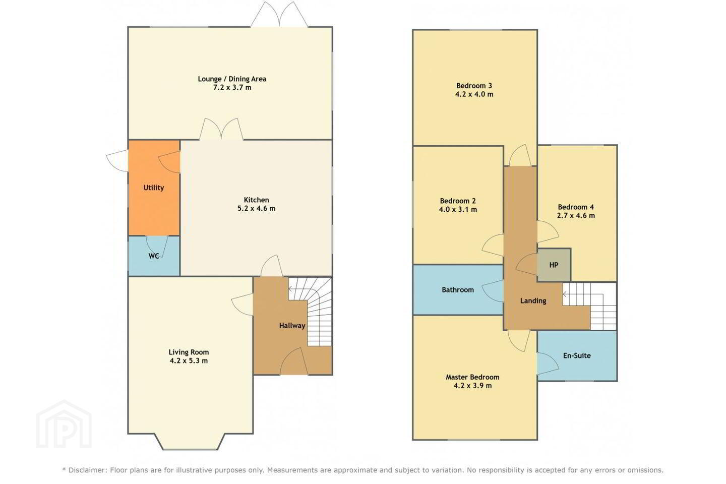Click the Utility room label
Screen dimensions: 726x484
click(154, 188)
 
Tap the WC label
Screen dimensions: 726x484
click(154, 256)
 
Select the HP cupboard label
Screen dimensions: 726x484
click(554, 265)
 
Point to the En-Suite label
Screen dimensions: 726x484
click(577, 355)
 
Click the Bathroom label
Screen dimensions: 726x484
click(458, 290)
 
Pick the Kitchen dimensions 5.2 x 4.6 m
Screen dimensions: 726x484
click(256, 208)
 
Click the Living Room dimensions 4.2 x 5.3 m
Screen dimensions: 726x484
click(189, 361)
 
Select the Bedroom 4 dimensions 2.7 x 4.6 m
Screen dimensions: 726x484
click(576, 216)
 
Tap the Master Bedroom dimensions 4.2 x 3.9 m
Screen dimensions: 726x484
click(472, 386)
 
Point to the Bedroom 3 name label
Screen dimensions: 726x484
click(474, 86)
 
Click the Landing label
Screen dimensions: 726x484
click(533, 301)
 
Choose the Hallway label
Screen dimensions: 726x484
click(292, 326)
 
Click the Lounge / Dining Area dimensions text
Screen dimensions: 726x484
click(232, 88)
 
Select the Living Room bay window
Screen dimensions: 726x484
click(190, 442)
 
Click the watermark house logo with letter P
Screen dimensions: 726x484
click(64, 425)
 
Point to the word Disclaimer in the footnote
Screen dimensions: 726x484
click(87, 470)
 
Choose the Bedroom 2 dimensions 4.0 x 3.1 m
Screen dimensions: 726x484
click(458, 209)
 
